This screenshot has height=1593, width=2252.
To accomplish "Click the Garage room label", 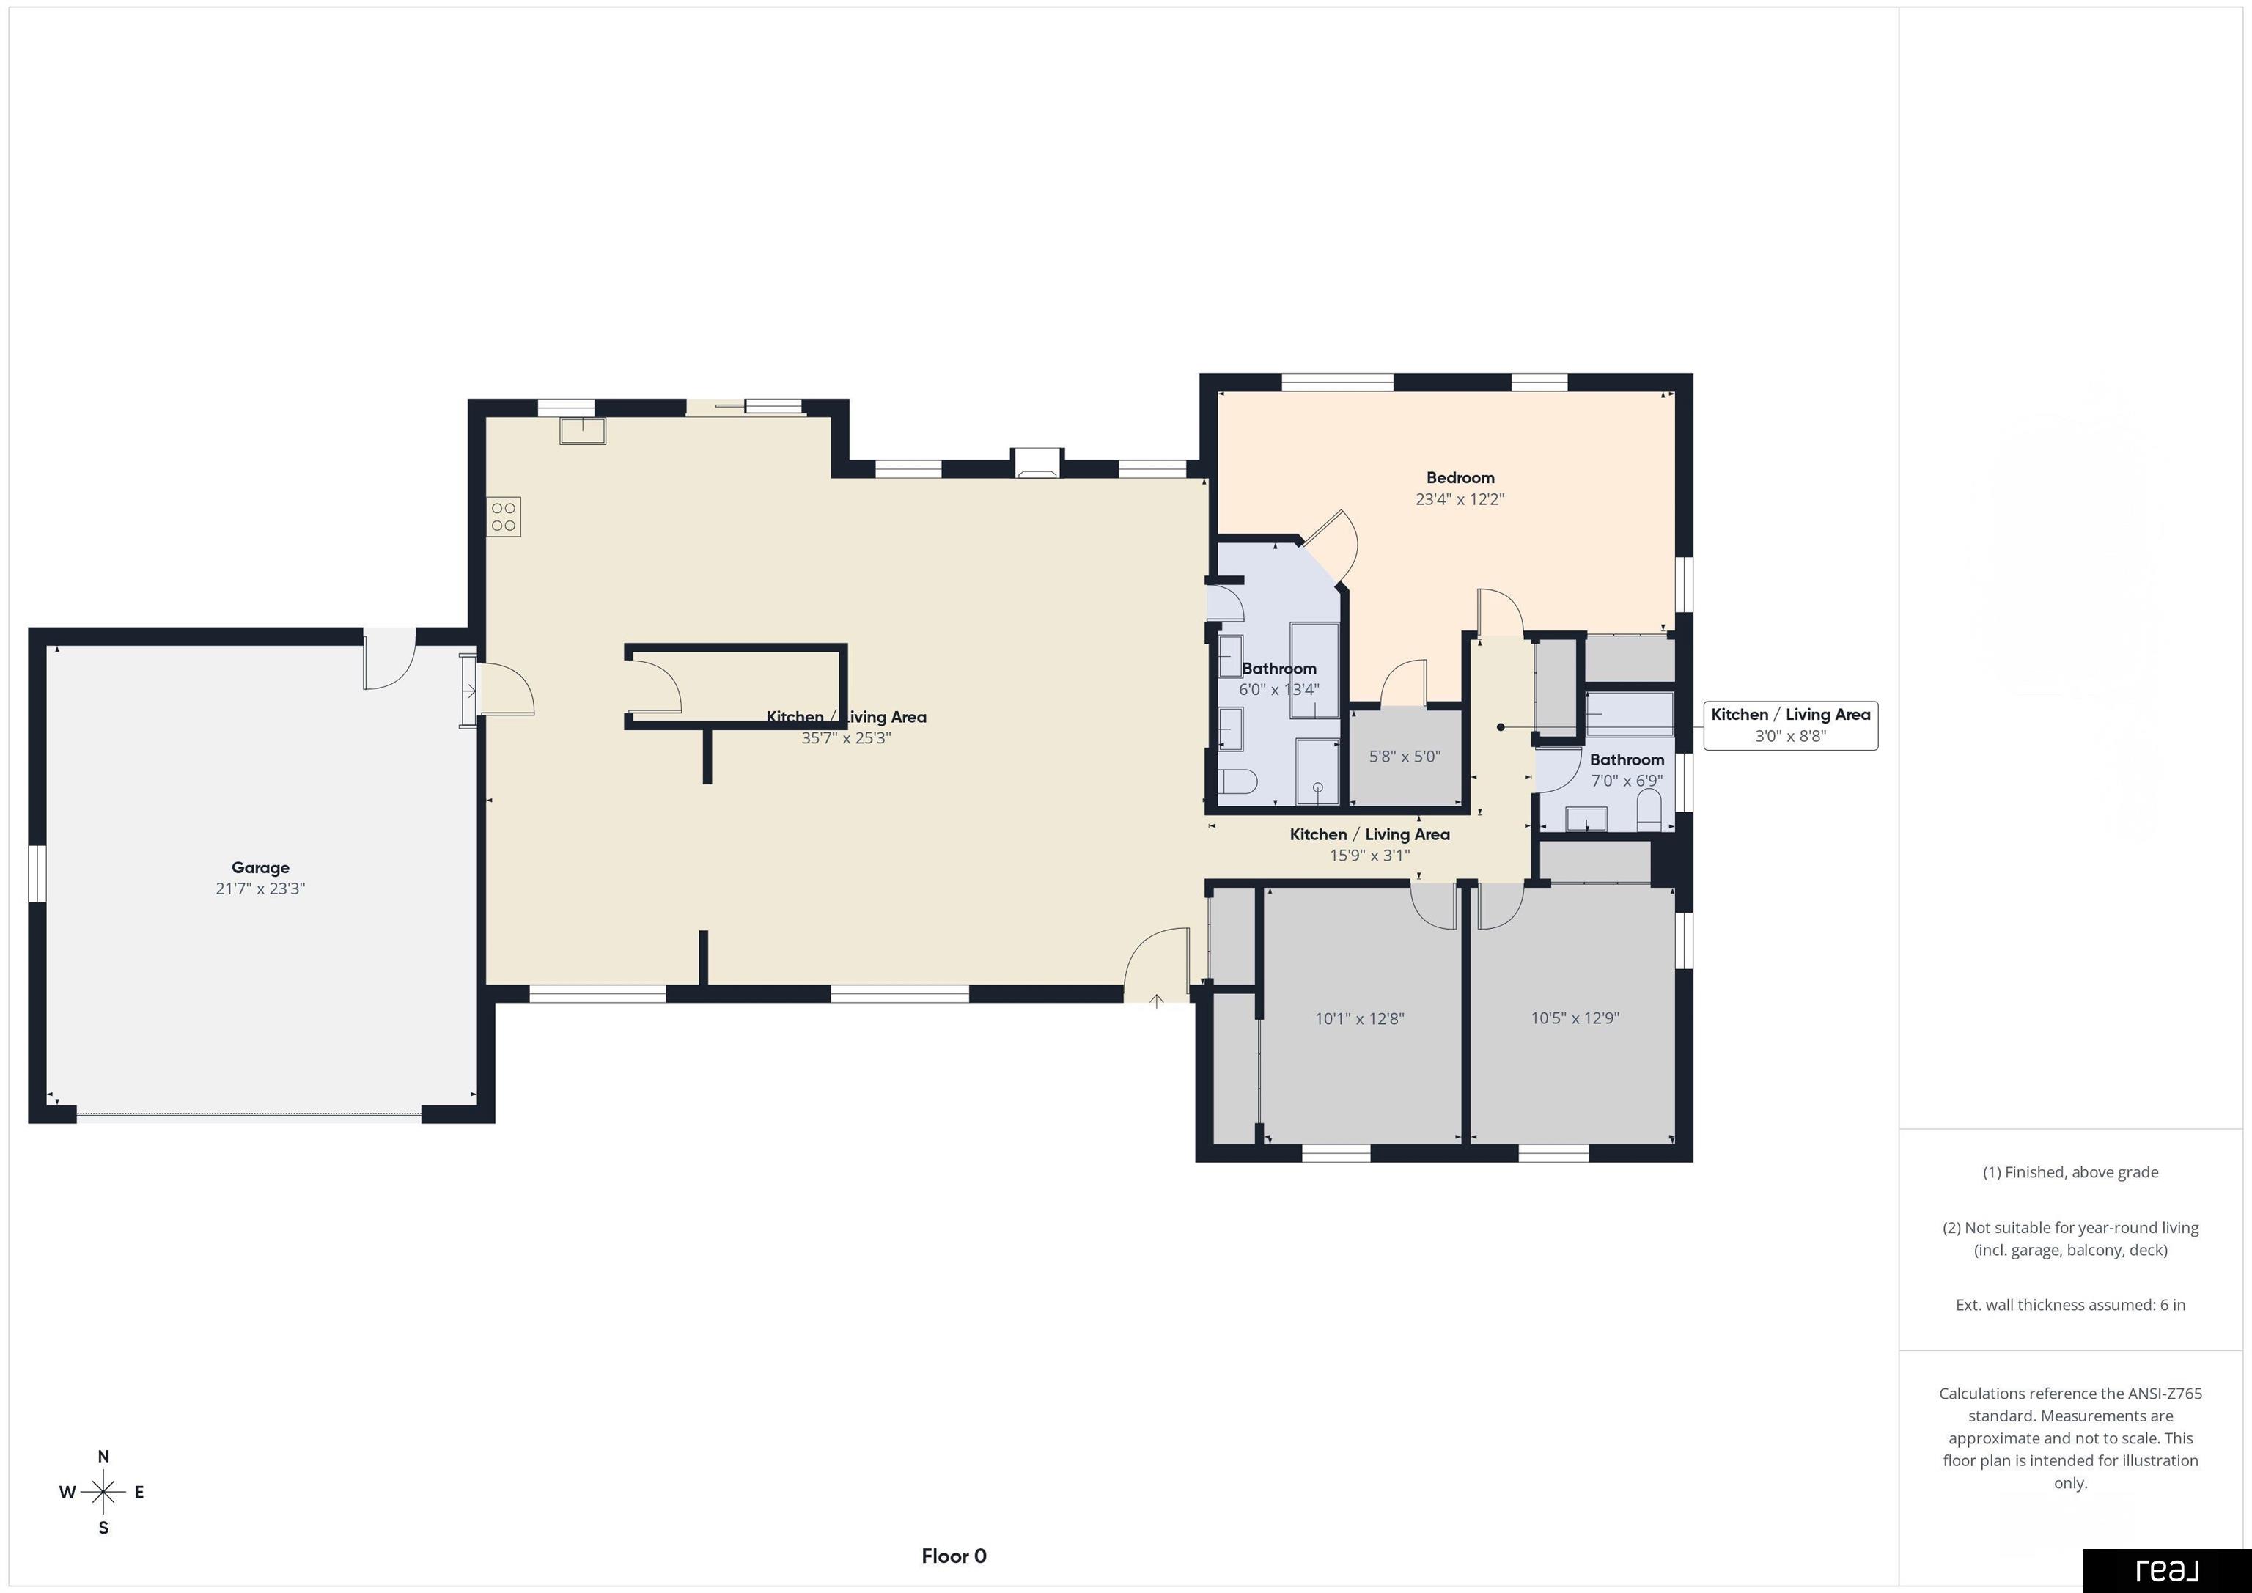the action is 260,867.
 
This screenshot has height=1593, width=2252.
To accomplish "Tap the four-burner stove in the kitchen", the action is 504,517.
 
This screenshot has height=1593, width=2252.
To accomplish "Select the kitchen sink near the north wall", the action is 583,430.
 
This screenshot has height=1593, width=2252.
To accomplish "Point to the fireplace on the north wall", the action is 1037,463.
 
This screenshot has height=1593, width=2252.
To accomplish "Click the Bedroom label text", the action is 1460,478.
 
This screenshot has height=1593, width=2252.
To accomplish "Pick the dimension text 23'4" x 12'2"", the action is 1460,499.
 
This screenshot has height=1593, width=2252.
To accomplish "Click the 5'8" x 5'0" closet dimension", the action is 1405,757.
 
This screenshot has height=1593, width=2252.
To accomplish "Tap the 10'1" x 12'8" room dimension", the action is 1359,1019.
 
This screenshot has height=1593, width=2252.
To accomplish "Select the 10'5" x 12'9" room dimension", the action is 1574,1018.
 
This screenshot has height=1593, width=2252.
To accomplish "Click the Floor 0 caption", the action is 954,1556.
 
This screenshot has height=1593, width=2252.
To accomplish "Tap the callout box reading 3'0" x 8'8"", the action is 1791,726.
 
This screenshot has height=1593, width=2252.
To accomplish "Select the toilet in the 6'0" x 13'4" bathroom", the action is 1238,781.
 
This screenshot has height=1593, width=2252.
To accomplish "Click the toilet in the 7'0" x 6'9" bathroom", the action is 1649,810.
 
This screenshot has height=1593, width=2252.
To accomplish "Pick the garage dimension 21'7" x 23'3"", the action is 260,889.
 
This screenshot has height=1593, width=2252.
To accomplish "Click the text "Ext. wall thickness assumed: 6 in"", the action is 2070,1305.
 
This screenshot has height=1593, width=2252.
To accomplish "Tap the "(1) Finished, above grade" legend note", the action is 2070,1172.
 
